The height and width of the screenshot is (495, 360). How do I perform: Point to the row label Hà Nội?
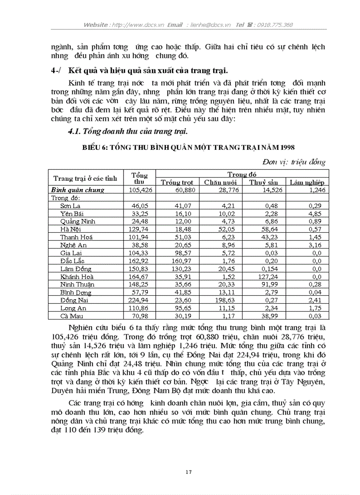pos(71,229)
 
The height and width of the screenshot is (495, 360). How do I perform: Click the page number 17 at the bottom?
pos(188,472)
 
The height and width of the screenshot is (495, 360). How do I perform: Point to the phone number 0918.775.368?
pos(275,25)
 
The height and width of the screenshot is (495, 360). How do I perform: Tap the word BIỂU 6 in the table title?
pos(94,147)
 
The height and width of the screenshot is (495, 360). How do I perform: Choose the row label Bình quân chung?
pos(78,190)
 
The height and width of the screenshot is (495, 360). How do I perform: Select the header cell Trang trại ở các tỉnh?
pos(85,179)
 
